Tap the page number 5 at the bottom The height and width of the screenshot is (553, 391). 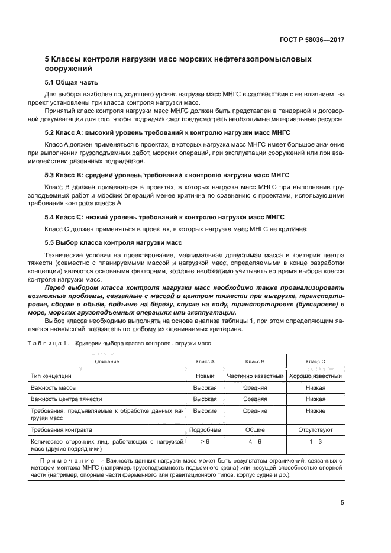tap(342, 503)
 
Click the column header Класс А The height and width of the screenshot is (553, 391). tap(205, 361)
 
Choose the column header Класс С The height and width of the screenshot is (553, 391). tap(315, 361)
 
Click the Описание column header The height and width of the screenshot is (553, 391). tap(106, 361)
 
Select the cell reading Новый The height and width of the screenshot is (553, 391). tap(205, 376)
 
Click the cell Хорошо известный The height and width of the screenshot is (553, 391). tap(315, 376)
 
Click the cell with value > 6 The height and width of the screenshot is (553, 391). tap(205, 441)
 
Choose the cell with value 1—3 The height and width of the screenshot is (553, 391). tap(315, 441)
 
